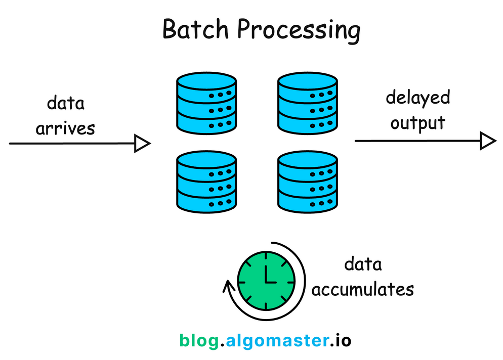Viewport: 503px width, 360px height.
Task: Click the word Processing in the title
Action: pos(299,30)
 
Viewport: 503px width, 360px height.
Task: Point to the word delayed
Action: pos(417,98)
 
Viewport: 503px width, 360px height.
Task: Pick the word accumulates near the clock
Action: pos(362,289)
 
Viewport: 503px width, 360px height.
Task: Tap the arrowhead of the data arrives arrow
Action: pos(142,144)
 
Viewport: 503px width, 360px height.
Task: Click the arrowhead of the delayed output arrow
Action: pos(487,141)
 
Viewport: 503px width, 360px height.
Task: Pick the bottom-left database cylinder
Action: pos(206,183)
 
